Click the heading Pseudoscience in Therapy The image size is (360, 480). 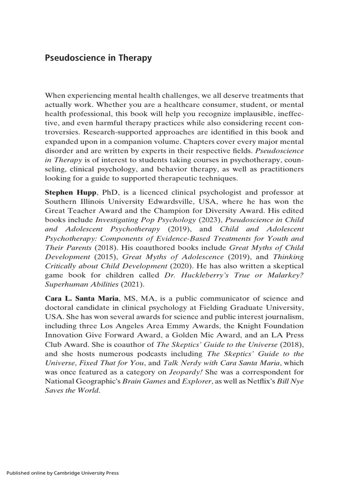click(98, 59)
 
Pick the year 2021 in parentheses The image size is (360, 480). click(123, 285)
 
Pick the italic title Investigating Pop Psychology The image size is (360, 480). click(143, 219)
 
